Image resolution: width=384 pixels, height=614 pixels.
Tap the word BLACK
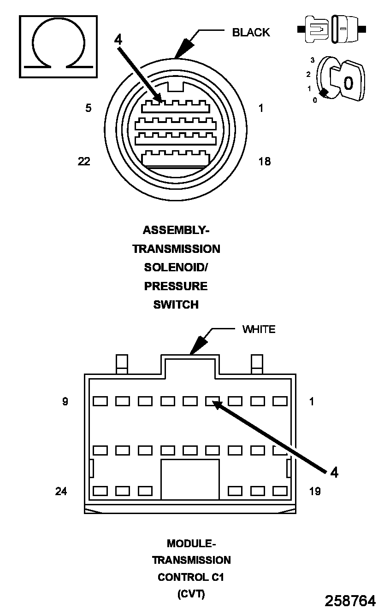(251, 32)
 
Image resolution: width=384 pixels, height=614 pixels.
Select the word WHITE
(259, 329)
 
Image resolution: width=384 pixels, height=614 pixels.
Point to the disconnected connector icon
(332, 29)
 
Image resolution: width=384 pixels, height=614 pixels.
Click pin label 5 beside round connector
(89, 108)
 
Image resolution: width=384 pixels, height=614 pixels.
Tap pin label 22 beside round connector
(84, 162)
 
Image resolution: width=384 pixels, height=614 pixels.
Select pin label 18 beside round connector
(265, 162)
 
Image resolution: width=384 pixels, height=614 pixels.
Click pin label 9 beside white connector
(65, 402)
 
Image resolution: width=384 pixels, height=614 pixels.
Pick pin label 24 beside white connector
(61, 491)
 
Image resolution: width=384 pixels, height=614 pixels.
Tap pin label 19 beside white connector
(315, 491)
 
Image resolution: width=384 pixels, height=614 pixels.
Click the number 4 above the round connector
(118, 40)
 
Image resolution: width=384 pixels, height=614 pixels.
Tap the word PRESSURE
(176, 286)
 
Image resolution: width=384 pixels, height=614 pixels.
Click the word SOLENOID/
(176, 268)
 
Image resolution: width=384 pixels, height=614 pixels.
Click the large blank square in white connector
(189, 479)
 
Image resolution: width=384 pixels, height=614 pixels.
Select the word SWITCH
(176, 304)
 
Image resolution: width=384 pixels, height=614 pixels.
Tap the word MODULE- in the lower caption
(191, 544)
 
